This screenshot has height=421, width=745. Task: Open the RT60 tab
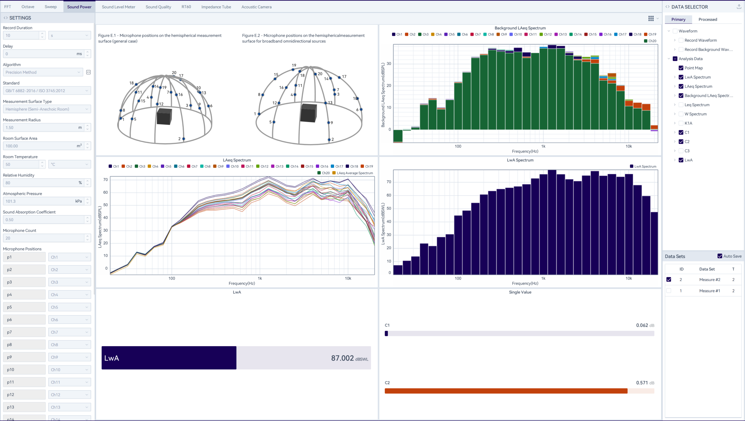186,7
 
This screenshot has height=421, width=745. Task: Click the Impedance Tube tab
216,7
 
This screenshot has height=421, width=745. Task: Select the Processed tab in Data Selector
708,19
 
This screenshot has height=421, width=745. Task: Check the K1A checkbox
681,123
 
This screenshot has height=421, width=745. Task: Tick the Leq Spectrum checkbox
681,105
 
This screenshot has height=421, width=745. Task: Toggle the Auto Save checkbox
720,256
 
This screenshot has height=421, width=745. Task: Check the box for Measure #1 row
669,291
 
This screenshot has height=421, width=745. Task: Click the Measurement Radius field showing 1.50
41,127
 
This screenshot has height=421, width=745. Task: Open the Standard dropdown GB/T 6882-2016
47,91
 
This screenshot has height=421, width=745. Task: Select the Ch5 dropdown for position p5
69,307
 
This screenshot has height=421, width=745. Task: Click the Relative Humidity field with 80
41,183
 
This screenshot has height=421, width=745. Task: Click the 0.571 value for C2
642,383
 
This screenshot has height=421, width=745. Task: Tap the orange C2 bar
506,391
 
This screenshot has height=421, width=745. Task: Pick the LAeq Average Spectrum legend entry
354,173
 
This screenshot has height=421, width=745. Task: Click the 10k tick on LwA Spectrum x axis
629,278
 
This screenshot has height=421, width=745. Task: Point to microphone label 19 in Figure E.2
294,65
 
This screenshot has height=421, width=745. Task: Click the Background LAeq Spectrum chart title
520,28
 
